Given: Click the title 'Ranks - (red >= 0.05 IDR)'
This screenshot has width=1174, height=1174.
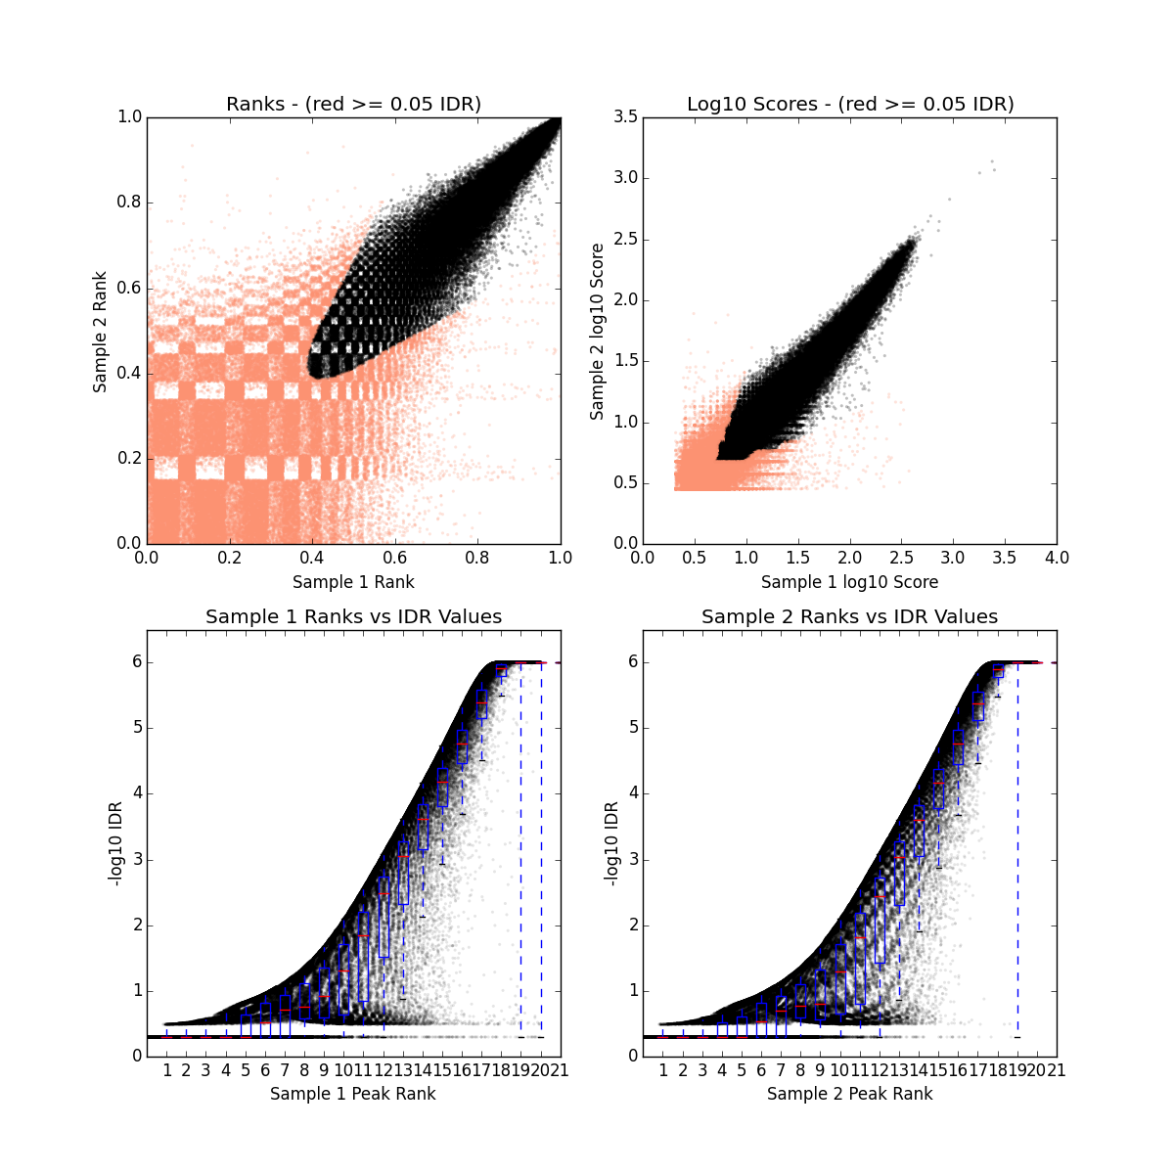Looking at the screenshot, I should (x=353, y=104).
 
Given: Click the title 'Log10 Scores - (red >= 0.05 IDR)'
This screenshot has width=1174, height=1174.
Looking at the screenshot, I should (x=850, y=104).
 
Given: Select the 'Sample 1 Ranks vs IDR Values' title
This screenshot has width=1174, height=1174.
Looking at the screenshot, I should (x=353, y=617).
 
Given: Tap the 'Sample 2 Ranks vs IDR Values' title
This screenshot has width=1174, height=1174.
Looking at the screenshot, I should (x=850, y=617).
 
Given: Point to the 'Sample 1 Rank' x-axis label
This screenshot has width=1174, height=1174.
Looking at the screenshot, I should (x=353, y=582).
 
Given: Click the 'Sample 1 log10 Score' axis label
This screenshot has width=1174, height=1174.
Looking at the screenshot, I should (x=850, y=582).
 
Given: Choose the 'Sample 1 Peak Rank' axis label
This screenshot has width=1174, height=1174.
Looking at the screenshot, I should (x=353, y=1093).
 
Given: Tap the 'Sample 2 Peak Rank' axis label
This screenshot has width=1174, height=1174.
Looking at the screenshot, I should (x=850, y=1093).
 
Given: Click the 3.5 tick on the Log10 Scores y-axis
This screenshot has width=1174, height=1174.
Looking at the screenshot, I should (x=625, y=117).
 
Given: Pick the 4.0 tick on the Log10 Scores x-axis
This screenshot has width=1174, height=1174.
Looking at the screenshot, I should (x=1057, y=558).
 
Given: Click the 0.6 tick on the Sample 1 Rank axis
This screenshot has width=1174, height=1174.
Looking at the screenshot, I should (x=395, y=558).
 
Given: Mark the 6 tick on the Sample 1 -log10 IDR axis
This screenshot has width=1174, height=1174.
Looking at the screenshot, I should (x=136, y=662).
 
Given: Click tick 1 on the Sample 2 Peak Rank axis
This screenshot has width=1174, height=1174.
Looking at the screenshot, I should (x=663, y=1070).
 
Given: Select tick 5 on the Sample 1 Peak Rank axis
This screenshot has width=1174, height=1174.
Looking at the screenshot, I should (x=246, y=1070).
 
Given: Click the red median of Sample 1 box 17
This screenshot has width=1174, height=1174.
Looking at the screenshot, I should (x=481, y=702).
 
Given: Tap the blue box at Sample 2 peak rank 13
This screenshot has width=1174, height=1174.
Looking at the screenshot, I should (x=899, y=874).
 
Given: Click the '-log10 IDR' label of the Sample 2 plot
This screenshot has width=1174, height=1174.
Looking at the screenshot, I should (x=611, y=843).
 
